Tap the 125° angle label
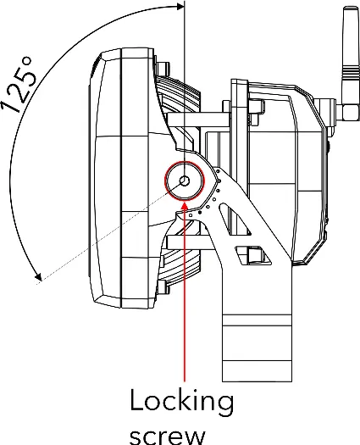19,85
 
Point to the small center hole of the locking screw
185,181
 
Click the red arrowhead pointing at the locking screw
185,206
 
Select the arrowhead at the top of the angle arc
180,6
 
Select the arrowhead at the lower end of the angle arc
38,275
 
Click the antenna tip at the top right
350,8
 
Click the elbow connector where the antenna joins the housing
348,108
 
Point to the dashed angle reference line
110,231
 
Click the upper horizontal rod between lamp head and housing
198,120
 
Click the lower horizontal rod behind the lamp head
190,243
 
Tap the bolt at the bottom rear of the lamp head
163,287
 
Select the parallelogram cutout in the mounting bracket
252,255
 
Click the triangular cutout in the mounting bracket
235,219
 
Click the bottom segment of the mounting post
257,371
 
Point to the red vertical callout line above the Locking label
185,292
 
